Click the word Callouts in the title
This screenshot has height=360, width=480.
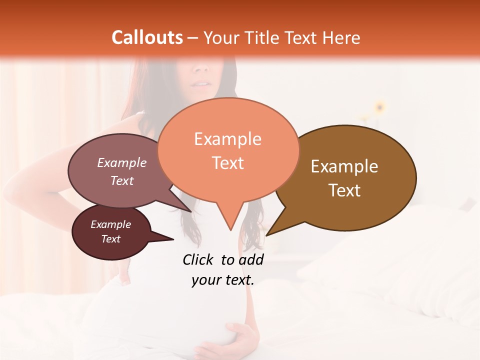(x=147, y=37)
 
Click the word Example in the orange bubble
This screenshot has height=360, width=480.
(x=227, y=139)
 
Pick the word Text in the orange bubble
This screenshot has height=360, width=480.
(x=227, y=163)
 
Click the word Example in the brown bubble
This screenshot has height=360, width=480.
(x=344, y=166)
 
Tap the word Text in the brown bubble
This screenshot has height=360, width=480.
(x=344, y=190)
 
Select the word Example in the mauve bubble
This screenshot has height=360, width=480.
(x=121, y=163)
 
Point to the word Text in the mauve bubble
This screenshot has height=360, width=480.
(x=121, y=180)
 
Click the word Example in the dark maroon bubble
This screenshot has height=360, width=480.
(x=110, y=224)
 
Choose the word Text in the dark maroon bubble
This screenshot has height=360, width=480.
(x=110, y=239)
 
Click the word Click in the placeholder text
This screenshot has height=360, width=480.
(x=198, y=259)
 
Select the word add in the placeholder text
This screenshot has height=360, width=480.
(x=251, y=259)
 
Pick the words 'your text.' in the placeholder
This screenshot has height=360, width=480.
(x=222, y=280)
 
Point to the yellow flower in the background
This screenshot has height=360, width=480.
(x=380, y=106)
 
